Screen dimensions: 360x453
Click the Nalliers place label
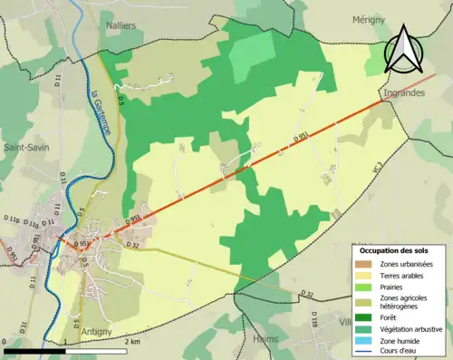click(x=120, y=26)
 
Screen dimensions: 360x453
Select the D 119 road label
click(x=314, y=322)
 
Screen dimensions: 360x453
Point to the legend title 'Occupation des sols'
click(x=394, y=250)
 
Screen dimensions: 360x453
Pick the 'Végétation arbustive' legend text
click(x=415, y=329)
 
